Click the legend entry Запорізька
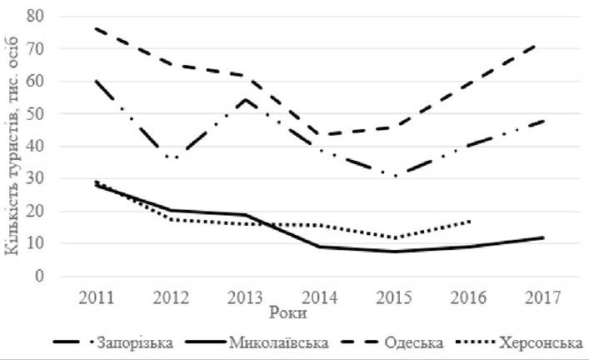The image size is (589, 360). point(113,342)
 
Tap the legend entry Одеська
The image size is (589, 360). point(392,342)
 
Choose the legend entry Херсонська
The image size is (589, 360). point(519,342)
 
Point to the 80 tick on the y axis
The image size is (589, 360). point(35,16)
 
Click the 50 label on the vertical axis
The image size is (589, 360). point(35,113)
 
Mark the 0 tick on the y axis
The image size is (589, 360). point(40,276)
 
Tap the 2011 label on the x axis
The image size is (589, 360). point(97,297)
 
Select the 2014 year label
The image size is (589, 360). point(320,297)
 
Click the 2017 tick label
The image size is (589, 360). point(543,297)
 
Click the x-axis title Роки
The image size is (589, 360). point(288,312)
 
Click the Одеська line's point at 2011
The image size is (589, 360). point(97,28)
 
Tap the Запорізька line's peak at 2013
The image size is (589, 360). point(245,99)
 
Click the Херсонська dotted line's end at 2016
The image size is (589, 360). point(470,222)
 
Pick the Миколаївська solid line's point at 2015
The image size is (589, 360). point(394,252)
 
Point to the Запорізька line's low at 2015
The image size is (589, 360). point(394,176)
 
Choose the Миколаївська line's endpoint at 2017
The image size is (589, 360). point(543,237)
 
